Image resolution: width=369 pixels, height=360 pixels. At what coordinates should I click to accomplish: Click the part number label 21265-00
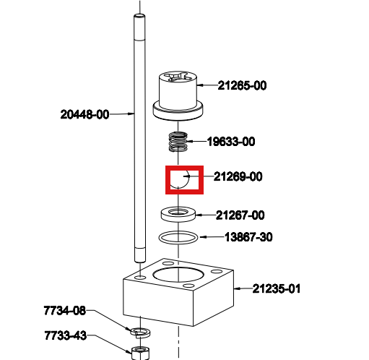[242, 85]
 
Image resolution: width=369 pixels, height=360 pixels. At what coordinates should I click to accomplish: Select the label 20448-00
[84, 114]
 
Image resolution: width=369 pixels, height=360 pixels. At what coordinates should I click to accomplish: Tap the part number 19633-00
[231, 142]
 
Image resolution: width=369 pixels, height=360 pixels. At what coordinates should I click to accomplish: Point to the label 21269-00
[238, 176]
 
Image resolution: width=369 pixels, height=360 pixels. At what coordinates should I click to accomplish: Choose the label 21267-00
[240, 215]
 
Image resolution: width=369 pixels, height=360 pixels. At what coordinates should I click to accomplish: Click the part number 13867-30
[248, 237]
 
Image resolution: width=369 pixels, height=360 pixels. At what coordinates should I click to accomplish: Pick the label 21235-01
[277, 288]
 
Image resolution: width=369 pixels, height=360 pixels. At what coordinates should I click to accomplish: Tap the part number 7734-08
[65, 311]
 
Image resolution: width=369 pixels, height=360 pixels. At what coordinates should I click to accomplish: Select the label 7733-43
[66, 335]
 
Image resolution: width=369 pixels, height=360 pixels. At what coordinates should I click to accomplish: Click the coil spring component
[178, 142]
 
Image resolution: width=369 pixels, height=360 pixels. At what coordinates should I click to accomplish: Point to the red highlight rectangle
[184, 166]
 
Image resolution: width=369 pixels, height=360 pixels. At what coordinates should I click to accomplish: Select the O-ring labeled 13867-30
[178, 242]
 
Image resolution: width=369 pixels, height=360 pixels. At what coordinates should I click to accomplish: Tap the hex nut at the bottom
[140, 353]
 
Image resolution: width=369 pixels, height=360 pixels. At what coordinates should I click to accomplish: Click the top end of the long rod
[139, 16]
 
